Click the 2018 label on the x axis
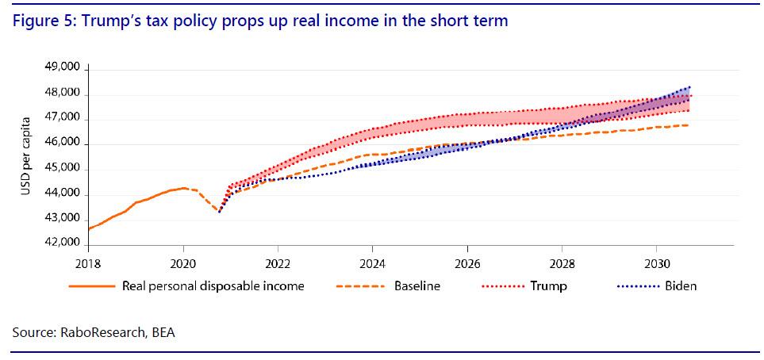pyautogui.click(x=89, y=262)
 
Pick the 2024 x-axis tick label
pyautogui.click(x=372, y=262)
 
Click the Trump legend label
pyautogui.click(x=548, y=285)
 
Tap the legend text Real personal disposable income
pyautogui.click(x=213, y=285)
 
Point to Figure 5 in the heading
pyautogui.click(x=38, y=21)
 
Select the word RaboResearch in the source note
pyautogui.click(x=101, y=332)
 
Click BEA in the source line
pyautogui.click(x=162, y=332)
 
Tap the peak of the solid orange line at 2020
pyautogui.click(x=183, y=188)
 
